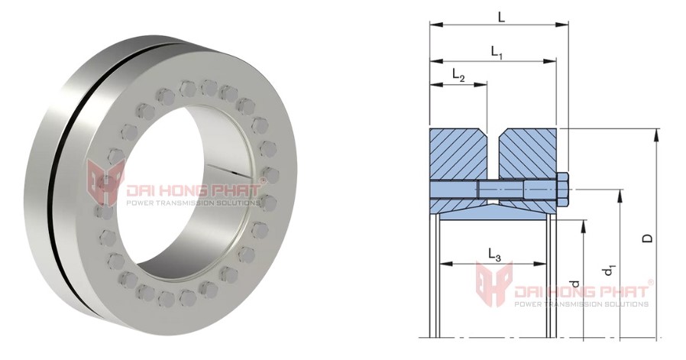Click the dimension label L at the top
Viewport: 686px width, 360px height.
500,15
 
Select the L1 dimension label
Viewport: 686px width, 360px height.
496,53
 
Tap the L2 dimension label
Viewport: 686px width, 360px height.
458,75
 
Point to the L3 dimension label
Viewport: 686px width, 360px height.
493,255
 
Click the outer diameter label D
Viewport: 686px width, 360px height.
647,238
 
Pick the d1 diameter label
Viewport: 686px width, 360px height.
609,271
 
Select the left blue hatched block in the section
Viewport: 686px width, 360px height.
457,156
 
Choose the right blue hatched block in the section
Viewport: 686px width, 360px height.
527,156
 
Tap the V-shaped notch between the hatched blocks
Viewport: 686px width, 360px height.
492,138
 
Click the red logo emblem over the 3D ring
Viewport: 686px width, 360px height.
105,184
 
